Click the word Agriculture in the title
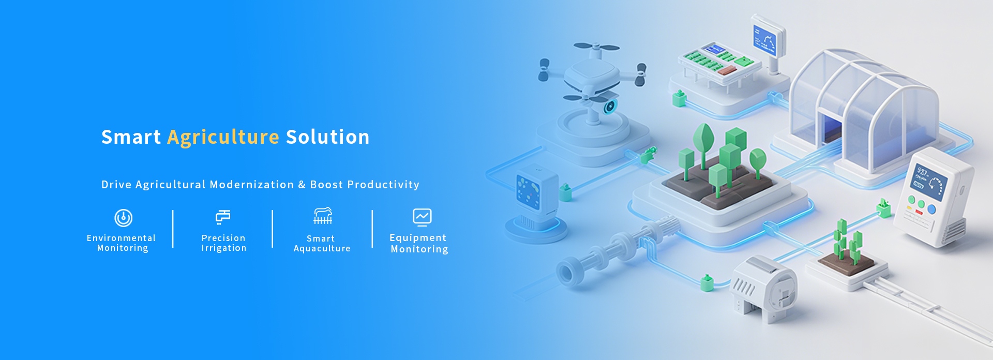(223, 138)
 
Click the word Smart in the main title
(131, 137)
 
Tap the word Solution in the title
(328, 137)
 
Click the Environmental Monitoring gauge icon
(124, 218)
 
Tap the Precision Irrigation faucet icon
(223, 217)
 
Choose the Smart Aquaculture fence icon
(323, 216)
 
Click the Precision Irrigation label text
(224, 243)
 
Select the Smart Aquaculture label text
(322, 244)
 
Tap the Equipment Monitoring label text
(419, 243)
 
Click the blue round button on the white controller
(931, 209)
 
